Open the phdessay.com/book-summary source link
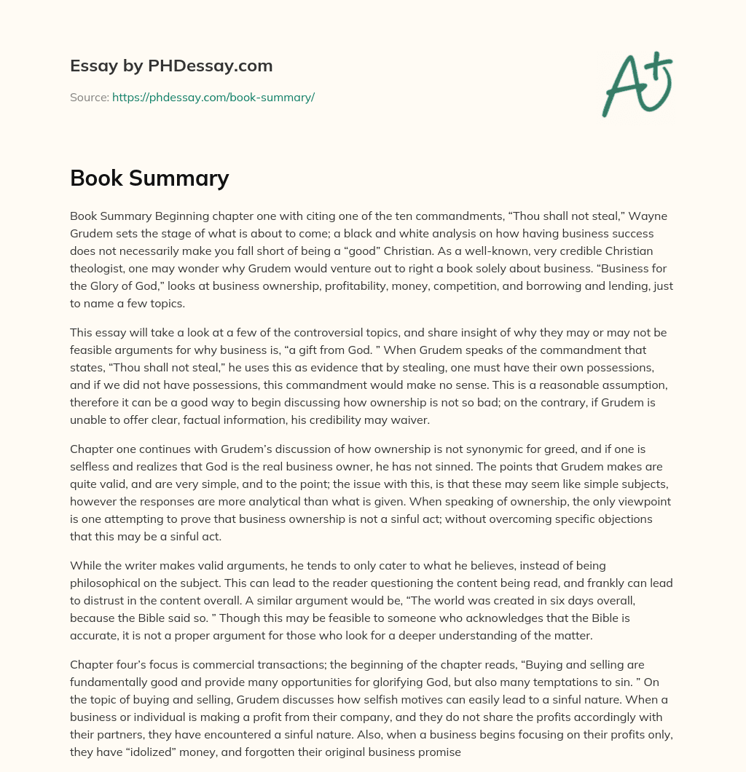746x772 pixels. (213, 97)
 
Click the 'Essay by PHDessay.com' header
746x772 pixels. (171, 66)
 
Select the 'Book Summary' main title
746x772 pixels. (149, 178)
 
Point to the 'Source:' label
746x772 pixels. (90, 97)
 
